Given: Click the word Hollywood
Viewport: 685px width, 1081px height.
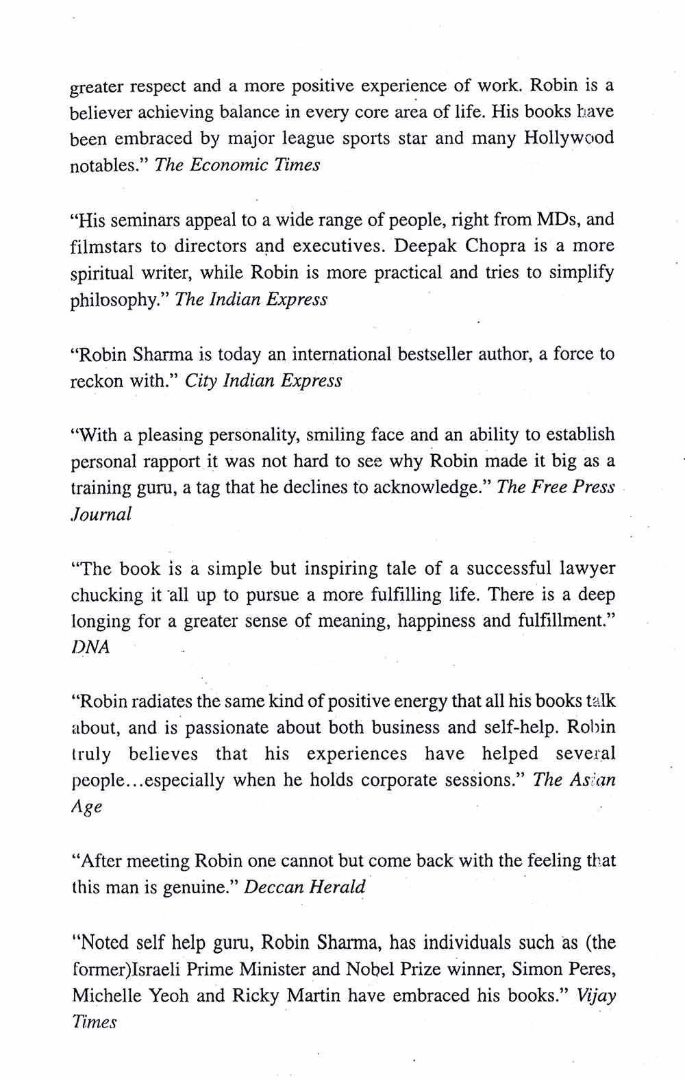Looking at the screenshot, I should (x=569, y=138).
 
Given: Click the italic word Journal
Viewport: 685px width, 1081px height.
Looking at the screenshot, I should (x=101, y=514).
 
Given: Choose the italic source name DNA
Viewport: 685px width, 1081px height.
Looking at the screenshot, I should (x=90, y=648).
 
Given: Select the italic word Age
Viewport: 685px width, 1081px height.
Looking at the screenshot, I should (x=87, y=807).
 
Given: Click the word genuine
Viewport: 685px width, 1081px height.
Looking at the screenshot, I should (x=195, y=888).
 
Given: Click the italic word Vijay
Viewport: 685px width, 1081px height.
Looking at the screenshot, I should (x=597, y=996).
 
